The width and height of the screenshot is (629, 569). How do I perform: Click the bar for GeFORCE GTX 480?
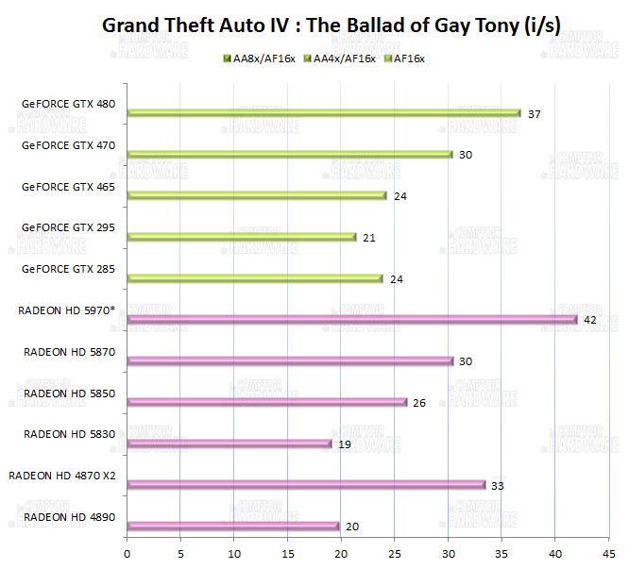(x=323, y=113)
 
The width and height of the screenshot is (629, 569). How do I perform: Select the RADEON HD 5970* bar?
(x=351, y=320)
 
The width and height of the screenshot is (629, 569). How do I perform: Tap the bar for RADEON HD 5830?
(x=229, y=443)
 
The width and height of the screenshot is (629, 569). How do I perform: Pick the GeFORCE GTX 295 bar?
(x=241, y=237)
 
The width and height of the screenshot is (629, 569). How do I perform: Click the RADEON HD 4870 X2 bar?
(x=305, y=485)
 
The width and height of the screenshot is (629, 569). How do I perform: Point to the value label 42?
(x=589, y=320)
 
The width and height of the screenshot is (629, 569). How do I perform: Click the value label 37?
(x=534, y=114)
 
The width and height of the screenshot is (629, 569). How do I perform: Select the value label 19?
(x=344, y=443)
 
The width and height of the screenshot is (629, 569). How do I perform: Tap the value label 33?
(x=498, y=485)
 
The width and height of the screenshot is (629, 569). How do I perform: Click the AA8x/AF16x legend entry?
(x=257, y=59)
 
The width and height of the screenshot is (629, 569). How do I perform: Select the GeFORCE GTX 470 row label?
(x=68, y=146)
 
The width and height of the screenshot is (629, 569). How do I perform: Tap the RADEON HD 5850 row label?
(x=69, y=393)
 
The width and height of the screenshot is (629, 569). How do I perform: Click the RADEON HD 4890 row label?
(x=69, y=517)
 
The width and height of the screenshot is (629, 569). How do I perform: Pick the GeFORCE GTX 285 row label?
(x=68, y=269)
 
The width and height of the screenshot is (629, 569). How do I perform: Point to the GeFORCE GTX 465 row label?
(x=68, y=187)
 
